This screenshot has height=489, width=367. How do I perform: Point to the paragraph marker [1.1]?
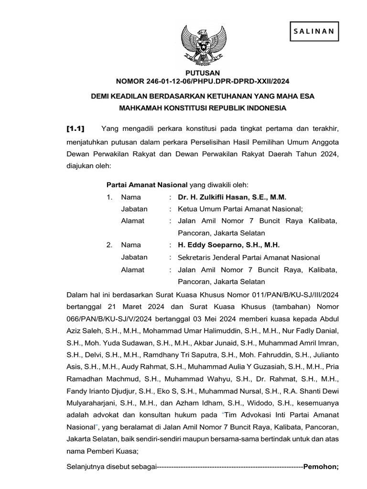75,128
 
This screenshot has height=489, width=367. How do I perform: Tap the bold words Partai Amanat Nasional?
147,185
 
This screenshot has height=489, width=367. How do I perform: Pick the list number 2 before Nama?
109,245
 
